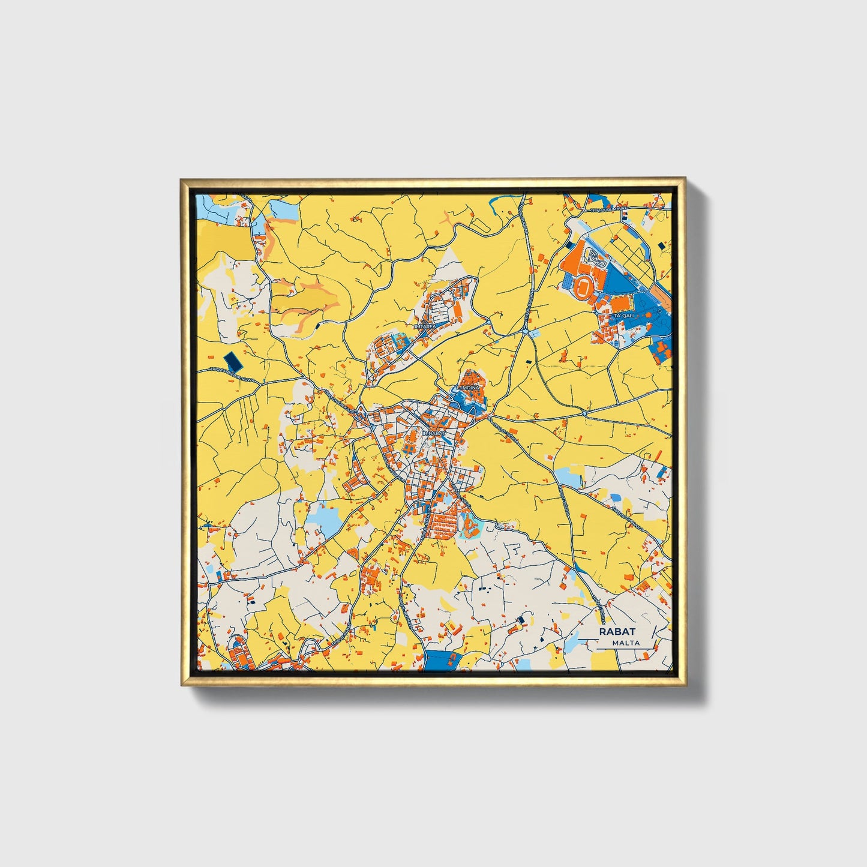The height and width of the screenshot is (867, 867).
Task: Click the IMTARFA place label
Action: click(x=425, y=326)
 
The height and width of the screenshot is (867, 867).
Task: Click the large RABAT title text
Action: click(x=617, y=632)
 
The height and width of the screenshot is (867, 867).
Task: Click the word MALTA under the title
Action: click(x=626, y=643)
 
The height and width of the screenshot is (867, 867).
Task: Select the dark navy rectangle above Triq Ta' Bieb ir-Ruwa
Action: click(x=232, y=361)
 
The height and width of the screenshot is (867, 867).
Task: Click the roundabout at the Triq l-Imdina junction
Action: click(x=584, y=413)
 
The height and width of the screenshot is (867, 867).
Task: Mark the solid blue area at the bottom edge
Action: click(x=443, y=660)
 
